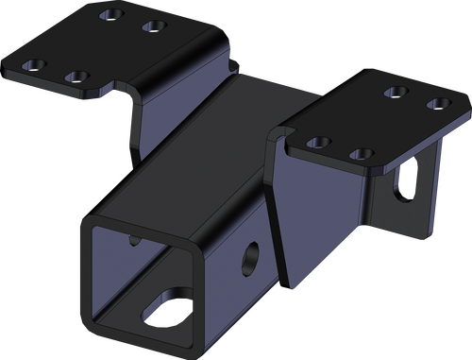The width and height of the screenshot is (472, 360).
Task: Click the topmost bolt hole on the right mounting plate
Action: coord(399,91)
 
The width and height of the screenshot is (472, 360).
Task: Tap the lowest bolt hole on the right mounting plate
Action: coord(356,151)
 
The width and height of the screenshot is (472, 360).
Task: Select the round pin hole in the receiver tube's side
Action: coord(253,254)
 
